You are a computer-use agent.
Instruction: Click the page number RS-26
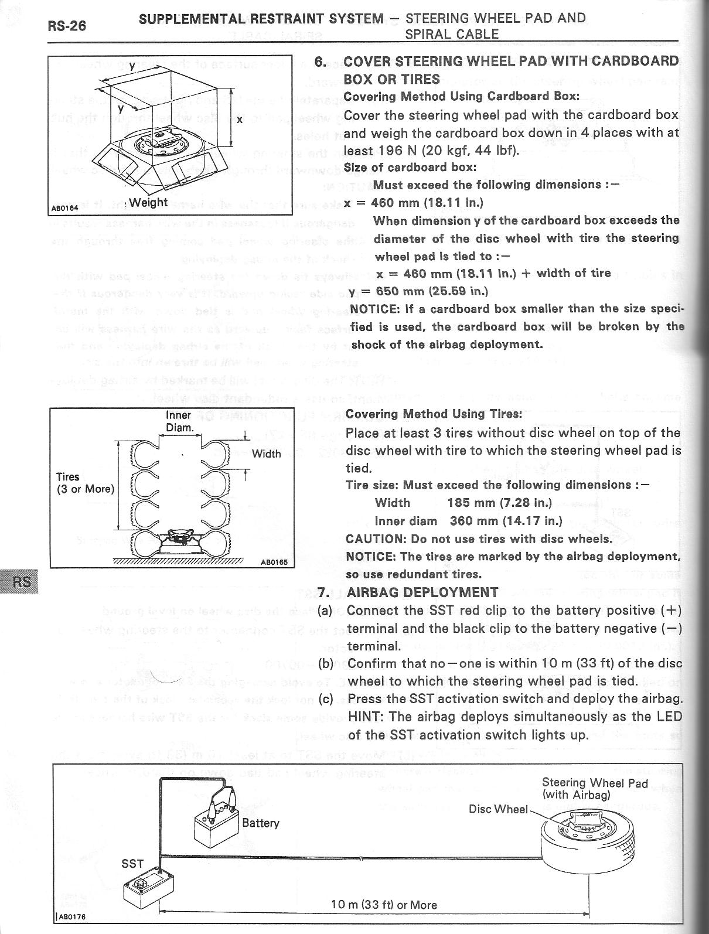click(66, 26)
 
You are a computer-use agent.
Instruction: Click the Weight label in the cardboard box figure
click(148, 202)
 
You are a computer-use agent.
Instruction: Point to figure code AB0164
click(60, 208)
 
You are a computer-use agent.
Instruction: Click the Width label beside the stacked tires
click(266, 454)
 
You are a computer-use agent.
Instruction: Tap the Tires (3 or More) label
click(86, 483)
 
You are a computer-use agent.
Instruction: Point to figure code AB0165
click(272, 561)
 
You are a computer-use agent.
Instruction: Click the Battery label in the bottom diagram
click(261, 823)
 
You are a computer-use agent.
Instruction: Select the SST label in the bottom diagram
click(132, 863)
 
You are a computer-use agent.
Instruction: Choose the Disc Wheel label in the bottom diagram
click(498, 809)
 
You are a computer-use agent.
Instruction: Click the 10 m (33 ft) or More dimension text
click(384, 905)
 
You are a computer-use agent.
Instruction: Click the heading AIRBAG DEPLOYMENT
click(422, 592)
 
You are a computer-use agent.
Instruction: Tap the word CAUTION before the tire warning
click(374, 538)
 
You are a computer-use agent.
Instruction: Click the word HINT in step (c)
click(364, 717)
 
